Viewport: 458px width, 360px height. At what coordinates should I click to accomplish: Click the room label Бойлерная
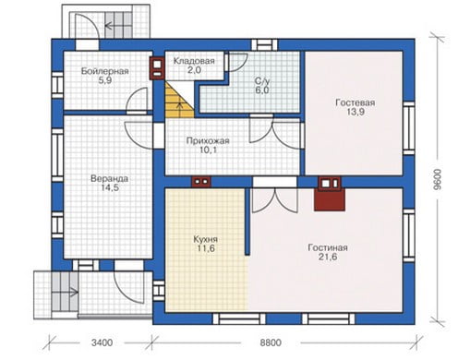pyautogui.click(x=104, y=71)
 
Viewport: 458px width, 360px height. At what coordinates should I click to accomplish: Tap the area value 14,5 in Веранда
pyautogui.click(x=110, y=187)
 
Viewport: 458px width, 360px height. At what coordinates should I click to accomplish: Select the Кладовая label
pyautogui.click(x=194, y=61)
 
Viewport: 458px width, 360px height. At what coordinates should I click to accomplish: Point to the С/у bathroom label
pyautogui.click(x=262, y=81)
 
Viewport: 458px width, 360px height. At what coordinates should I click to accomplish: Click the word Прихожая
pyautogui.click(x=208, y=141)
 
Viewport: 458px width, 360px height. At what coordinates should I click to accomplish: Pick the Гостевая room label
pyautogui.click(x=356, y=102)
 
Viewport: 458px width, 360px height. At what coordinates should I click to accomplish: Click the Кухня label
pyautogui.click(x=206, y=239)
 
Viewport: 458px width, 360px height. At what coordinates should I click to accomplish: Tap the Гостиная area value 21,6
pyautogui.click(x=328, y=257)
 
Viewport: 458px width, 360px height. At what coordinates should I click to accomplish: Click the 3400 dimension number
pyautogui.click(x=102, y=342)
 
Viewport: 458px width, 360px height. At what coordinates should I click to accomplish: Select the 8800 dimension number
pyautogui.click(x=271, y=342)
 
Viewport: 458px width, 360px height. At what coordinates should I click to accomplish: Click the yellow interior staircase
pyautogui.click(x=179, y=100)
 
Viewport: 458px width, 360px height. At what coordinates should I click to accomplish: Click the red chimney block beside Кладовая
pyautogui.click(x=157, y=68)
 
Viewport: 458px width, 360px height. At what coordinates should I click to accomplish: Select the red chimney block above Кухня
pyautogui.click(x=201, y=182)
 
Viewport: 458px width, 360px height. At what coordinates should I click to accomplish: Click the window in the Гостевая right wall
pyautogui.click(x=409, y=128)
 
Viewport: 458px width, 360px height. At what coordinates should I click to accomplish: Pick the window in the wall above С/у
pyautogui.click(x=264, y=45)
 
